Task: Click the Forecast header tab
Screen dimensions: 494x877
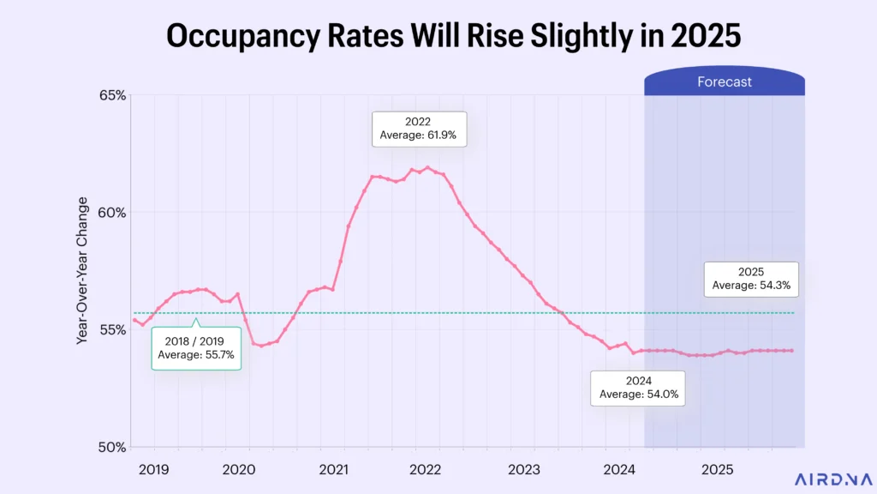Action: point(724,82)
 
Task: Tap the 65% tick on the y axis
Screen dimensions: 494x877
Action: point(111,95)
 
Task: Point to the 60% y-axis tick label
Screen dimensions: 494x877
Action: point(111,213)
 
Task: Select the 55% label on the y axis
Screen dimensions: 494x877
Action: point(111,329)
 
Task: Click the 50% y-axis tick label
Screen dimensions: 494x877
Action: point(111,447)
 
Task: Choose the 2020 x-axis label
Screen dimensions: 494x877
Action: point(239,469)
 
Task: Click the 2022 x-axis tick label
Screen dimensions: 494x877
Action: point(425,469)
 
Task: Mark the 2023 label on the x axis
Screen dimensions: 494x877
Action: point(523,469)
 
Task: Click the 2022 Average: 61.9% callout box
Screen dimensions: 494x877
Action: point(419,129)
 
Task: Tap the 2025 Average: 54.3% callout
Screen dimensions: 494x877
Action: point(751,279)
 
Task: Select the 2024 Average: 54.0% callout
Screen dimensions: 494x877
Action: point(638,388)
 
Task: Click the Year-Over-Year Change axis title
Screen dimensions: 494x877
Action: point(83,270)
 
